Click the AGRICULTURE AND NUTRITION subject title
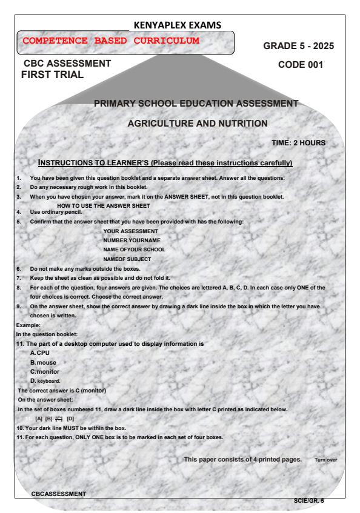pyautogui.click(x=197, y=124)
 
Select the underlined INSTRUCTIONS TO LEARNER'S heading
pyautogui.click(x=165, y=164)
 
